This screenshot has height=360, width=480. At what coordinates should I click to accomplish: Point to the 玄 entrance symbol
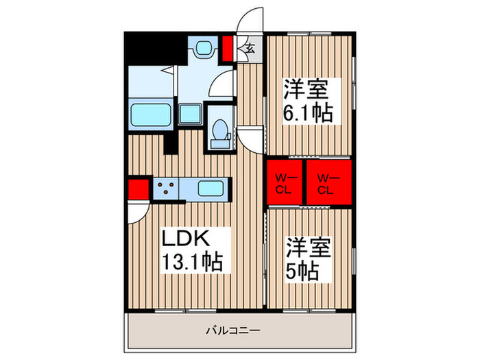(250, 48)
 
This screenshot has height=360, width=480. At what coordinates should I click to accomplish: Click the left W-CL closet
(285, 183)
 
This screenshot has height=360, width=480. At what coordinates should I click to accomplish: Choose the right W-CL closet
(326, 183)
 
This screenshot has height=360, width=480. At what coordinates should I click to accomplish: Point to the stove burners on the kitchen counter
(167, 188)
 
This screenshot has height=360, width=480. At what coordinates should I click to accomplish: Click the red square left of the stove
(138, 188)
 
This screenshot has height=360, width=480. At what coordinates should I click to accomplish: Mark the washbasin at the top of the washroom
(204, 49)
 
